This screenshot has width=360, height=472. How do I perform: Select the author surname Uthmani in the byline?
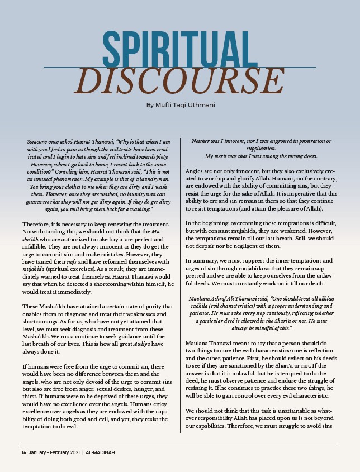click(198, 105)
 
